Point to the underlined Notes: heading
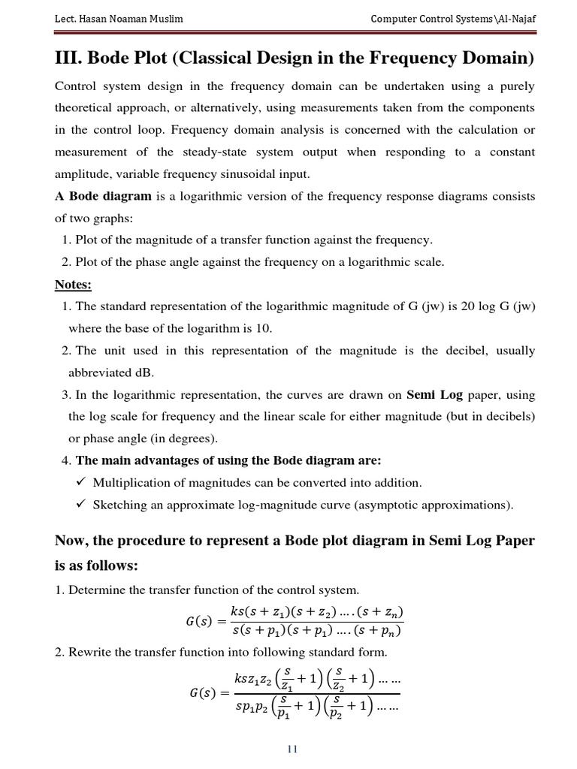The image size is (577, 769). [x=73, y=285]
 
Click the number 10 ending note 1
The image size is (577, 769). [x=264, y=328]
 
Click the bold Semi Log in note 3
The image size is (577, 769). [x=435, y=394]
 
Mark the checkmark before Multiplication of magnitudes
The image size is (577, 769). [x=82, y=482]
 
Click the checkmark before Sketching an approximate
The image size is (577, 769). [x=82, y=505]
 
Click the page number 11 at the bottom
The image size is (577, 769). [x=294, y=749]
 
